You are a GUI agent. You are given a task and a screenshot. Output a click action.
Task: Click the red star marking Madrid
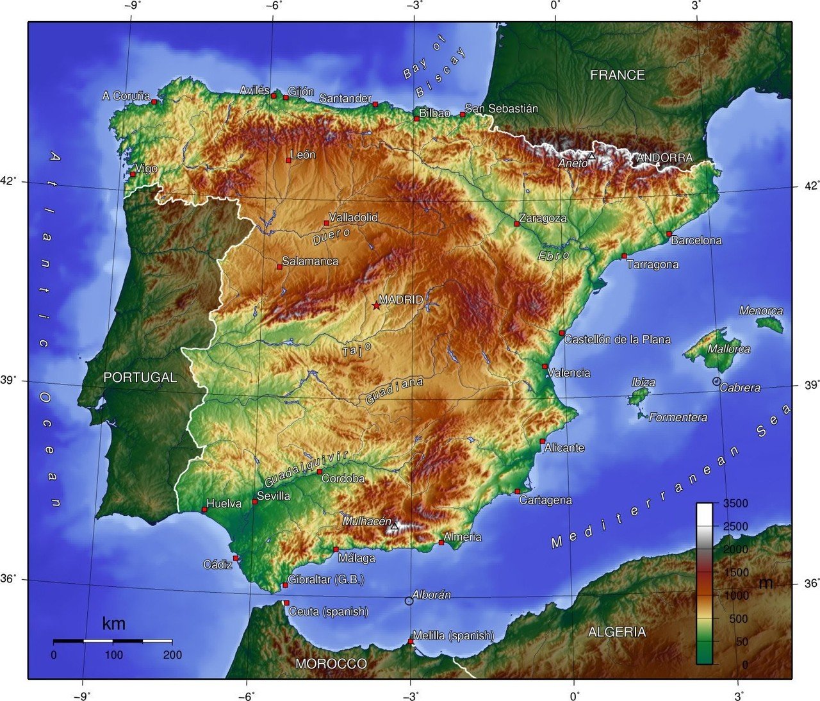point(376,306)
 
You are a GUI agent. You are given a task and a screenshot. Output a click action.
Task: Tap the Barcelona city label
point(696,241)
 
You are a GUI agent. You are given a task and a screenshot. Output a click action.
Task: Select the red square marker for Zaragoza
point(517,224)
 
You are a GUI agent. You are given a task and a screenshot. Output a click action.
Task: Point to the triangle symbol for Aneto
point(591,156)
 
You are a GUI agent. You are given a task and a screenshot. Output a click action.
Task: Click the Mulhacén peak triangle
point(395,526)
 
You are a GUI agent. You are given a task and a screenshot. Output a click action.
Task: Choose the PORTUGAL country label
point(140,377)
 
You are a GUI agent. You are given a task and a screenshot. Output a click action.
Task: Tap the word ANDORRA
point(664,158)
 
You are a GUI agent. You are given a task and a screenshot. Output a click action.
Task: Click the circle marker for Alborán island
point(409,601)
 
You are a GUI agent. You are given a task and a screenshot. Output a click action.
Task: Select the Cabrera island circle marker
point(716,381)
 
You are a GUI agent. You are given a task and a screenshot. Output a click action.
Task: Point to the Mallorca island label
point(728,349)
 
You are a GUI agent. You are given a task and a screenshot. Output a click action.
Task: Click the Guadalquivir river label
point(306,468)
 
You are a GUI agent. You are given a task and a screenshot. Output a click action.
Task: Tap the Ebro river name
point(553,255)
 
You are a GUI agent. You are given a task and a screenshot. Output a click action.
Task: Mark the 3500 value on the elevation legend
point(735,504)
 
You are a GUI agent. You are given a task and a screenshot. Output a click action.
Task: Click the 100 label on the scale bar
point(113,655)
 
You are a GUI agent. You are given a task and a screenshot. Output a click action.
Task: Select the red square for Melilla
point(411,641)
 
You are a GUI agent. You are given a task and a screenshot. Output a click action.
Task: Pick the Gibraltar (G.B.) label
point(325,580)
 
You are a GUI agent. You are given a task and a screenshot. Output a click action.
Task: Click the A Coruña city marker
point(154,101)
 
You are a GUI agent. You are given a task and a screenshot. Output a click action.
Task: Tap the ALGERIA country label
point(616,632)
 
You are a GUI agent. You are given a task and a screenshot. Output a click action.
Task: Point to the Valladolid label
point(353,217)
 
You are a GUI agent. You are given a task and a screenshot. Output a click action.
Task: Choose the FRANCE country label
point(617,75)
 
